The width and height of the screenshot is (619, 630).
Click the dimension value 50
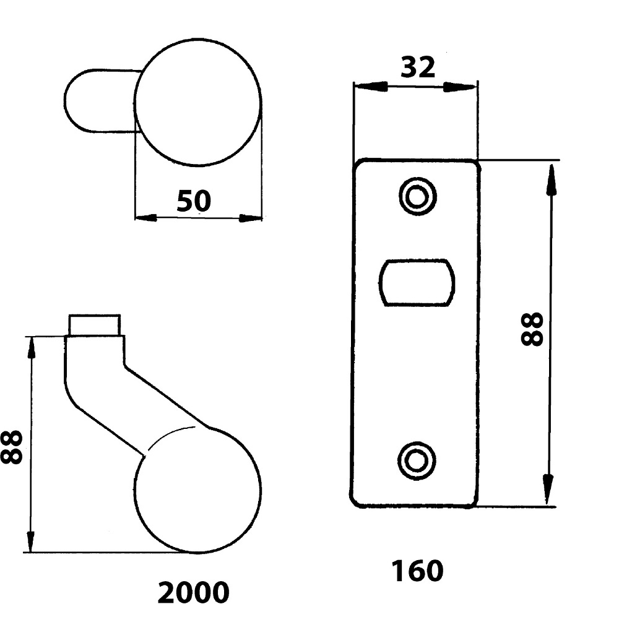tap(194, 202)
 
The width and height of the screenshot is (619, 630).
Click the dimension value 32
tap(418, 67)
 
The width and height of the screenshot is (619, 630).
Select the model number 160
tap(417, 571)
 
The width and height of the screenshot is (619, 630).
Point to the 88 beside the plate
tap(532, 328)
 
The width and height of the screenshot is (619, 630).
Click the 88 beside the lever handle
tap(12, 446)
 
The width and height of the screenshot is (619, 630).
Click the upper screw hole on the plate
tap(417, 197)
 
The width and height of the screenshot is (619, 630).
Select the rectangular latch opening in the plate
tap(417, 282)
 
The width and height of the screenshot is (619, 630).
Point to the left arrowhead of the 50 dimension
tap(145, 218)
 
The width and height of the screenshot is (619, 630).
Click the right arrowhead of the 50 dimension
tap(251, 218)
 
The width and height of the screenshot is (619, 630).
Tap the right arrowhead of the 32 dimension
tap(467, 87)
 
